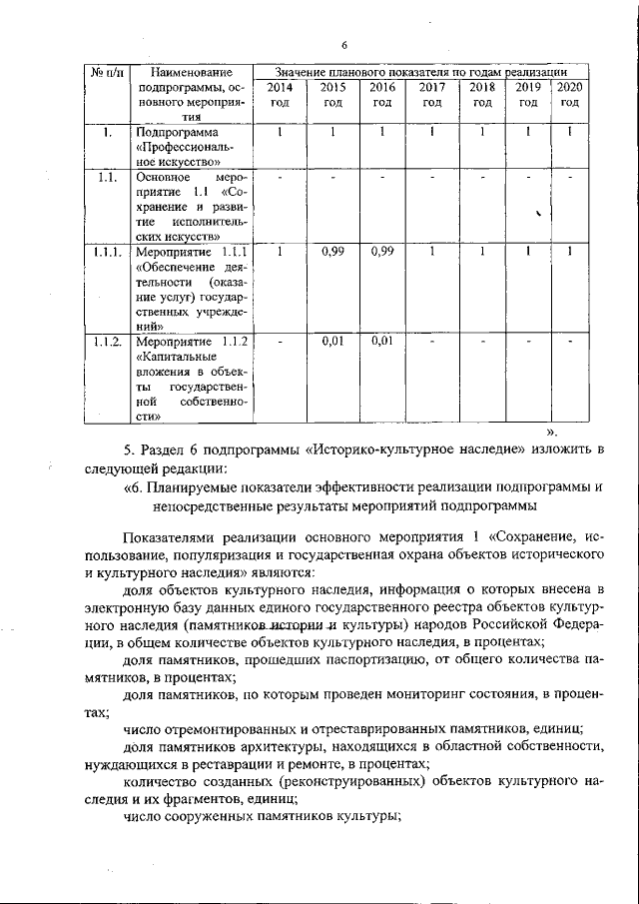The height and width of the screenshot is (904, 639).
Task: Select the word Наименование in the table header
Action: pos(190,73)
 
